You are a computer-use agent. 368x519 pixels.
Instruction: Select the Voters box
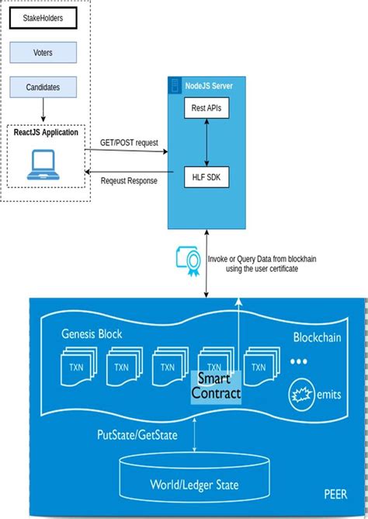click(43, 53)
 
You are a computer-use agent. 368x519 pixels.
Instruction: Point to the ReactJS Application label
click(46, 132)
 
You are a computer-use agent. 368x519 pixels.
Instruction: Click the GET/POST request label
click(128, 144)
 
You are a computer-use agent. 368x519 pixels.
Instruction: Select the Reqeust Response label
click(128, 181)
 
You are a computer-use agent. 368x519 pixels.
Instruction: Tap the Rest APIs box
click(205, 109)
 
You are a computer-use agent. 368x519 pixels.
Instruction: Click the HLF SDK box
click(205, 178)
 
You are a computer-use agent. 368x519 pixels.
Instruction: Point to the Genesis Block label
click(92, 333)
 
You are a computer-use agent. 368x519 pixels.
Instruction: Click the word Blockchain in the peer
click(317, 338)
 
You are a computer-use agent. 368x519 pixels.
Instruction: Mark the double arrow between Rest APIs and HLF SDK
click(205, 143)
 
